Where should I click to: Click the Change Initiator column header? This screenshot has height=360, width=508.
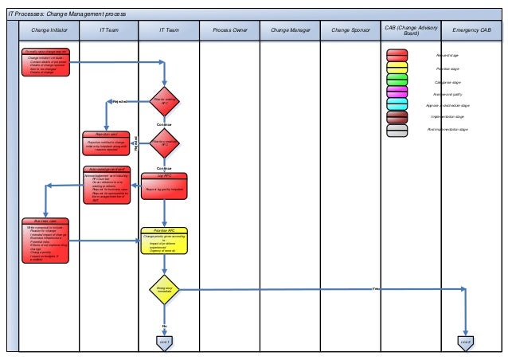49,30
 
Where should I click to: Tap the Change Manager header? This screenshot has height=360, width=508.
290,30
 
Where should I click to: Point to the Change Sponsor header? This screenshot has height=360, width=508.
350,30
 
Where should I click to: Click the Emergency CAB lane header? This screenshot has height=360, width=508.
472,30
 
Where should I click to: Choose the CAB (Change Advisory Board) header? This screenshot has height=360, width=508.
411,30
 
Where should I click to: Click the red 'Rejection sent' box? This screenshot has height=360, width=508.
107,141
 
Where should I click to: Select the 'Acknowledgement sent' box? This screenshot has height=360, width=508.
108,184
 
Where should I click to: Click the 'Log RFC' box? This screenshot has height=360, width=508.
164,185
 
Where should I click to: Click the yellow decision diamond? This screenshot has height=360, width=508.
164,288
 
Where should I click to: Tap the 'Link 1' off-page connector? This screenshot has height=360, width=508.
164,341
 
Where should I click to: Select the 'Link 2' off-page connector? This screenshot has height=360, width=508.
466,341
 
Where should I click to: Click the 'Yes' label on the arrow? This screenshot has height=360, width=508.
374,288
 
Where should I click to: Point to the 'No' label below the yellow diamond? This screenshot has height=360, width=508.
164,326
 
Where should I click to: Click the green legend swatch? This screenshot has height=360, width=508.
397,80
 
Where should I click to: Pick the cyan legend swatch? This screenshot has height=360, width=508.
397,104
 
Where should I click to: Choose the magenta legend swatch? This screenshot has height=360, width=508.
397,92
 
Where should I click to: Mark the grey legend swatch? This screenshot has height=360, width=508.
397,130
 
